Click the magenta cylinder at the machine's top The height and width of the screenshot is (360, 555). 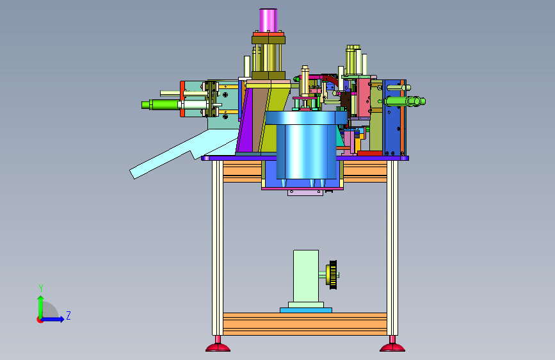pos(268,20)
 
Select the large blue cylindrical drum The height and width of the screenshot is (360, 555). pos(306,145)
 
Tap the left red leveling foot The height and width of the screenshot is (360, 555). pos(218,345)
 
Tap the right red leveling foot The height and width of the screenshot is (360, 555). pos(392,345)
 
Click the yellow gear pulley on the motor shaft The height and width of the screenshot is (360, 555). pos(332,275)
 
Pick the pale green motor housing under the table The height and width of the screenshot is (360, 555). pos(306,276)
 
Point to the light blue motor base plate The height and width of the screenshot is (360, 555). pos(306,310)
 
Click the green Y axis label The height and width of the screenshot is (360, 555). pos(41,288)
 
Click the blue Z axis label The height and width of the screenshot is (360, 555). pos(68,315)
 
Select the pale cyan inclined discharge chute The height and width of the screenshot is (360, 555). pos(184,154)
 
